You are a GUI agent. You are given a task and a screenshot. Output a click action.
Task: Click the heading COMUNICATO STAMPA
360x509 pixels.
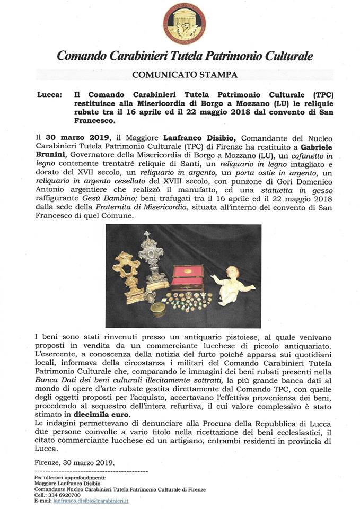(x=180, y=75)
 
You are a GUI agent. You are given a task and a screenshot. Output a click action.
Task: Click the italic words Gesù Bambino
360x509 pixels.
(x=114, y=199)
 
